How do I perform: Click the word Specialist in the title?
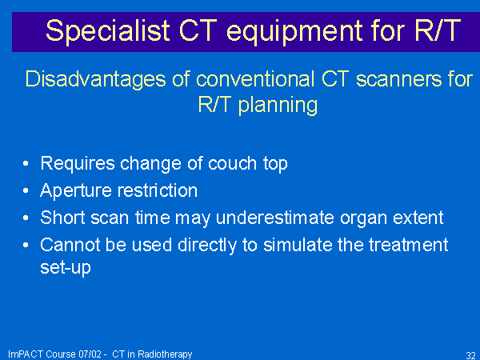pyautogui.click(x=108, y=31)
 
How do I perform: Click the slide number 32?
pyautogui.click(x=471, y=355)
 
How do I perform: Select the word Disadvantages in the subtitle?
pyautogui.click(x=95, y=80)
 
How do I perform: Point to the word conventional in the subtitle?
pyautogui.click(x=255, y=79)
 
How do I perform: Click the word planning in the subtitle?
pyautogui.click(x=278, y=106)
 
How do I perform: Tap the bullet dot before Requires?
pyautogui.click(x=26, y=163)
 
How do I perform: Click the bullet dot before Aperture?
pyautogui.click(x=26, y=190)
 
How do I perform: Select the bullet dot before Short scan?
pyautogui.click(x=26, y=218)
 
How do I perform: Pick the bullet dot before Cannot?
pyautogui.click(x=26, y=245)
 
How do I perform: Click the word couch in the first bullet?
pyautogui.click(x=232, y=163)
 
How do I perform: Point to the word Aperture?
pyautogui.click(x=76, y=191)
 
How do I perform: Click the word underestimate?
pyautogui.click(x=275, y=218)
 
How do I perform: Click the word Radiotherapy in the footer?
pyautogui.click(x=165, y=354)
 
